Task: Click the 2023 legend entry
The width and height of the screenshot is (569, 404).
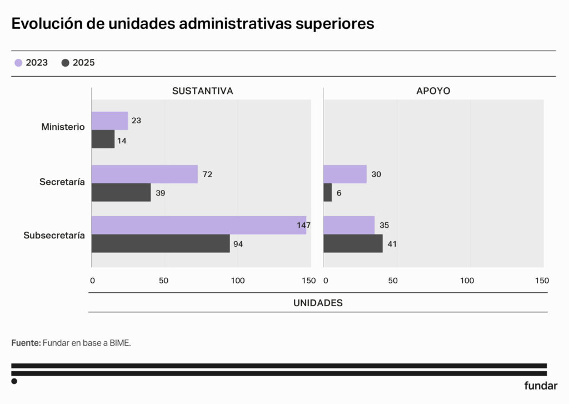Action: pos(32,63)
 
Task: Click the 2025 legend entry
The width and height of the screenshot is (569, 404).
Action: pos(78,63)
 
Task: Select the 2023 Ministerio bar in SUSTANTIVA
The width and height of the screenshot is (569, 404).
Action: pos(109,121)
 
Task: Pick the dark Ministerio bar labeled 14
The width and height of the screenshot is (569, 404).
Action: pos(103,139)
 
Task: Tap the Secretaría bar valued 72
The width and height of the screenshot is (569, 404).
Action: pos(144,174)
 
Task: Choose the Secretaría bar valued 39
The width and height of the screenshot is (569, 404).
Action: pos(121,192)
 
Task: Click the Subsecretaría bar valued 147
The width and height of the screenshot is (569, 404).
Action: pos(198,225)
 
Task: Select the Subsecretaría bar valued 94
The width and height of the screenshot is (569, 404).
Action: pos(161,243)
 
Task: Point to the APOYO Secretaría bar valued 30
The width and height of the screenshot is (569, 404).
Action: pos(345,174)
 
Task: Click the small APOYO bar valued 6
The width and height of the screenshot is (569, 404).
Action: pos(328,192)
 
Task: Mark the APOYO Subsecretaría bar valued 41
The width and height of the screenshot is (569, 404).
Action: pos(353,243)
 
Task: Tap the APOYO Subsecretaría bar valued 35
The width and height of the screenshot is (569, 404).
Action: pos(349,225)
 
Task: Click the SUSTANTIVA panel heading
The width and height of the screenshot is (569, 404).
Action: pos(202,91)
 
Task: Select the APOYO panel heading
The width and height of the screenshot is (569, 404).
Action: pos(433,91)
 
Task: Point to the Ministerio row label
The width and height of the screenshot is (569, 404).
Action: pos(63,127)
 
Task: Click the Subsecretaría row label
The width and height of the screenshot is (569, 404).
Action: pos(54,236)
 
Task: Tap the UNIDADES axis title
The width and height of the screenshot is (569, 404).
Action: pos(318,303)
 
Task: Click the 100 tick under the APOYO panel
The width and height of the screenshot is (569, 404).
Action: pos(467,281)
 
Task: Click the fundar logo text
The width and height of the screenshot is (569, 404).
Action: pos(541,386)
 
